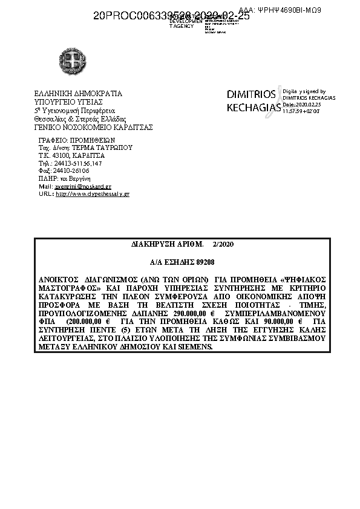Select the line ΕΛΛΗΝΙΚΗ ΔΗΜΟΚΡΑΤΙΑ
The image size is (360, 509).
(x=78, y=94)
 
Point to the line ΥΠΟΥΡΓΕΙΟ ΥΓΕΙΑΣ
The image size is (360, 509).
(x=65, y=102)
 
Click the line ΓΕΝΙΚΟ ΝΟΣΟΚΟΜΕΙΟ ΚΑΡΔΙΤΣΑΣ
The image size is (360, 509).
(x=93, y=128)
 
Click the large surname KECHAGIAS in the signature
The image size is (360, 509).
(x=254, y=108)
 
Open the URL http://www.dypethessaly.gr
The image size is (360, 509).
(x=92, y=194)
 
